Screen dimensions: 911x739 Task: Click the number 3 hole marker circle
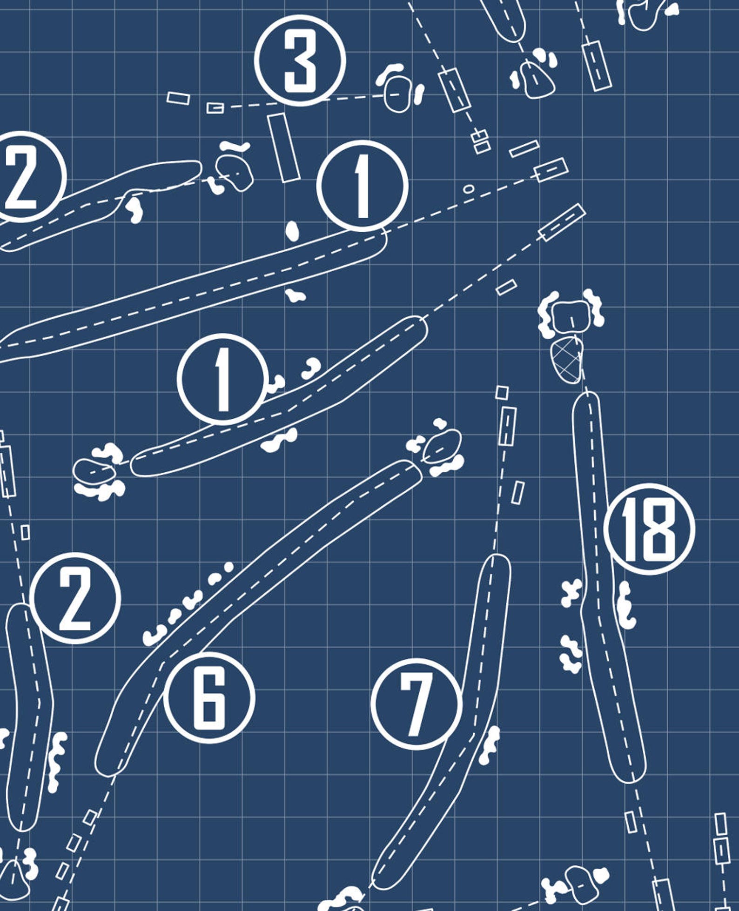(300, 60)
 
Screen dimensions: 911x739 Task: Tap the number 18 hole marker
(649, 529)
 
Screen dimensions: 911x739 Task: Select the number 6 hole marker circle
(209, 697)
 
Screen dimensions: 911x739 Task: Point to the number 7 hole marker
(417, 704)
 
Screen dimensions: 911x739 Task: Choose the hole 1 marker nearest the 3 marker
(363, 185)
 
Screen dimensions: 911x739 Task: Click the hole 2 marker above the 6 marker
(75, 598)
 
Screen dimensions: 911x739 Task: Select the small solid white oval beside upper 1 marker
(292, 231)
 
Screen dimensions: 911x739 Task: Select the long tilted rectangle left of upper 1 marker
(283, 147)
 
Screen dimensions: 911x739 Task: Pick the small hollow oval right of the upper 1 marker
(469, 189)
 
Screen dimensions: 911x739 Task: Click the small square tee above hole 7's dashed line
(502, 393)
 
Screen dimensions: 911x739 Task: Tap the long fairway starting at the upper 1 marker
(195, 293)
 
